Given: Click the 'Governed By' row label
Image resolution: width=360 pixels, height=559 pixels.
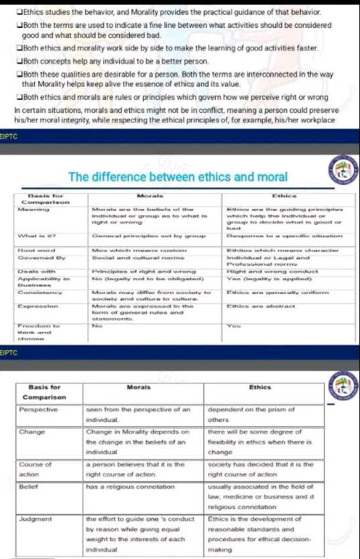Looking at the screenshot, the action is point(36,256).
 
